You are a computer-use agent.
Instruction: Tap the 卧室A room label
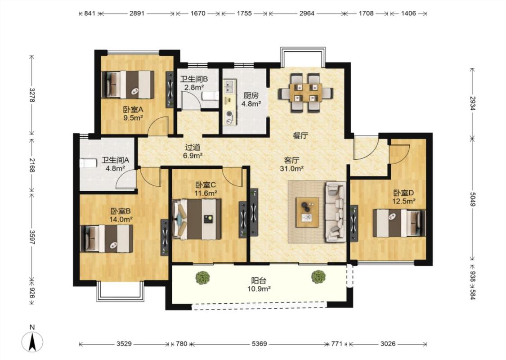133,109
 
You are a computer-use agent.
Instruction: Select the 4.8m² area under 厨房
251,103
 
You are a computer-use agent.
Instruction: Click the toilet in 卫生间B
210,95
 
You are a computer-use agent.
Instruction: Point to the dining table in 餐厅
306,92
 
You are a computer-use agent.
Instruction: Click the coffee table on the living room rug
307,212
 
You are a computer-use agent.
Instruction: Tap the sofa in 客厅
336,211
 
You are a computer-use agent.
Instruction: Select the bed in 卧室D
399,223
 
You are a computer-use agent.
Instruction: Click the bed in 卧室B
107,238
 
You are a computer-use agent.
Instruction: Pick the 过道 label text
193,147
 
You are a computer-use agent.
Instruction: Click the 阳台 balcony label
259,281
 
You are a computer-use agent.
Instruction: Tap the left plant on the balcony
203,278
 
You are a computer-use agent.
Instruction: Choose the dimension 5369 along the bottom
260,344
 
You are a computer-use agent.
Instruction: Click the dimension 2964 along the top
307,13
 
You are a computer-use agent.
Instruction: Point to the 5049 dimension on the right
472,199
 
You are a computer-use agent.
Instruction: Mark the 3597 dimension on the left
32,237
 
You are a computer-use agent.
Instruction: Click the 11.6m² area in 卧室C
206,193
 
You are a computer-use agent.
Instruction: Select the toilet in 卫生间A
88,163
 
